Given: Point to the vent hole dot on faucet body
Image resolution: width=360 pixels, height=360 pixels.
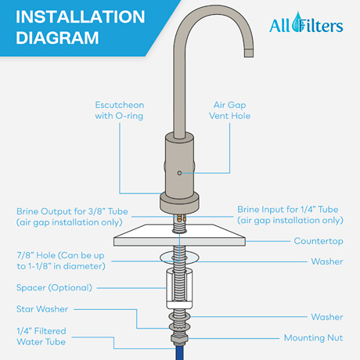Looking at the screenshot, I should (179, 171).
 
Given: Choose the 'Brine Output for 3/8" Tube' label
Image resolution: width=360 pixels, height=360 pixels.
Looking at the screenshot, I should (74, 217).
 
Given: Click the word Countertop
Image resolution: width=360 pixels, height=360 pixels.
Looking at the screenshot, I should (319, 241).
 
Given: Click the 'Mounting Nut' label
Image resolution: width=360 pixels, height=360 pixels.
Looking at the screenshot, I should (313, 338).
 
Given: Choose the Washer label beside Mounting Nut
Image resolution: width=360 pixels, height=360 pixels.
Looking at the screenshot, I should (326, 317).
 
